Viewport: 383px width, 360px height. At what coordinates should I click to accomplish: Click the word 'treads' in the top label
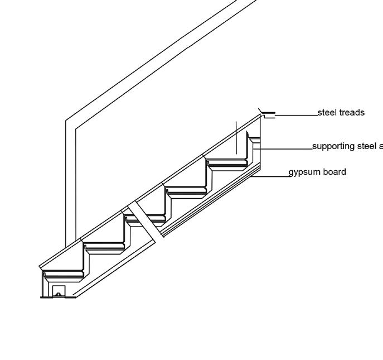click(351, 113)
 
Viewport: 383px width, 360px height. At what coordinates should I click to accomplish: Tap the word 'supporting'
click(333, 146)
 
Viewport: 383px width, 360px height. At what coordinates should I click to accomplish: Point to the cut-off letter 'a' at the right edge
click(380, 147)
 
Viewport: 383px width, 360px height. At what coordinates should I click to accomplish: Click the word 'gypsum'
click(304, 172)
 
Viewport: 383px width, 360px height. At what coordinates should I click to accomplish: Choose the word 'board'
click(333, 172)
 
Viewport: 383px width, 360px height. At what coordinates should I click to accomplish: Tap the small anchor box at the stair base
click(58, 291)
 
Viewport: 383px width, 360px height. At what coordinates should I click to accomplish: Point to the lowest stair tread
click(62, 273)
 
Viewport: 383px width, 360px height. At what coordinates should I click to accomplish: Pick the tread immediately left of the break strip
click(104, 246)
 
